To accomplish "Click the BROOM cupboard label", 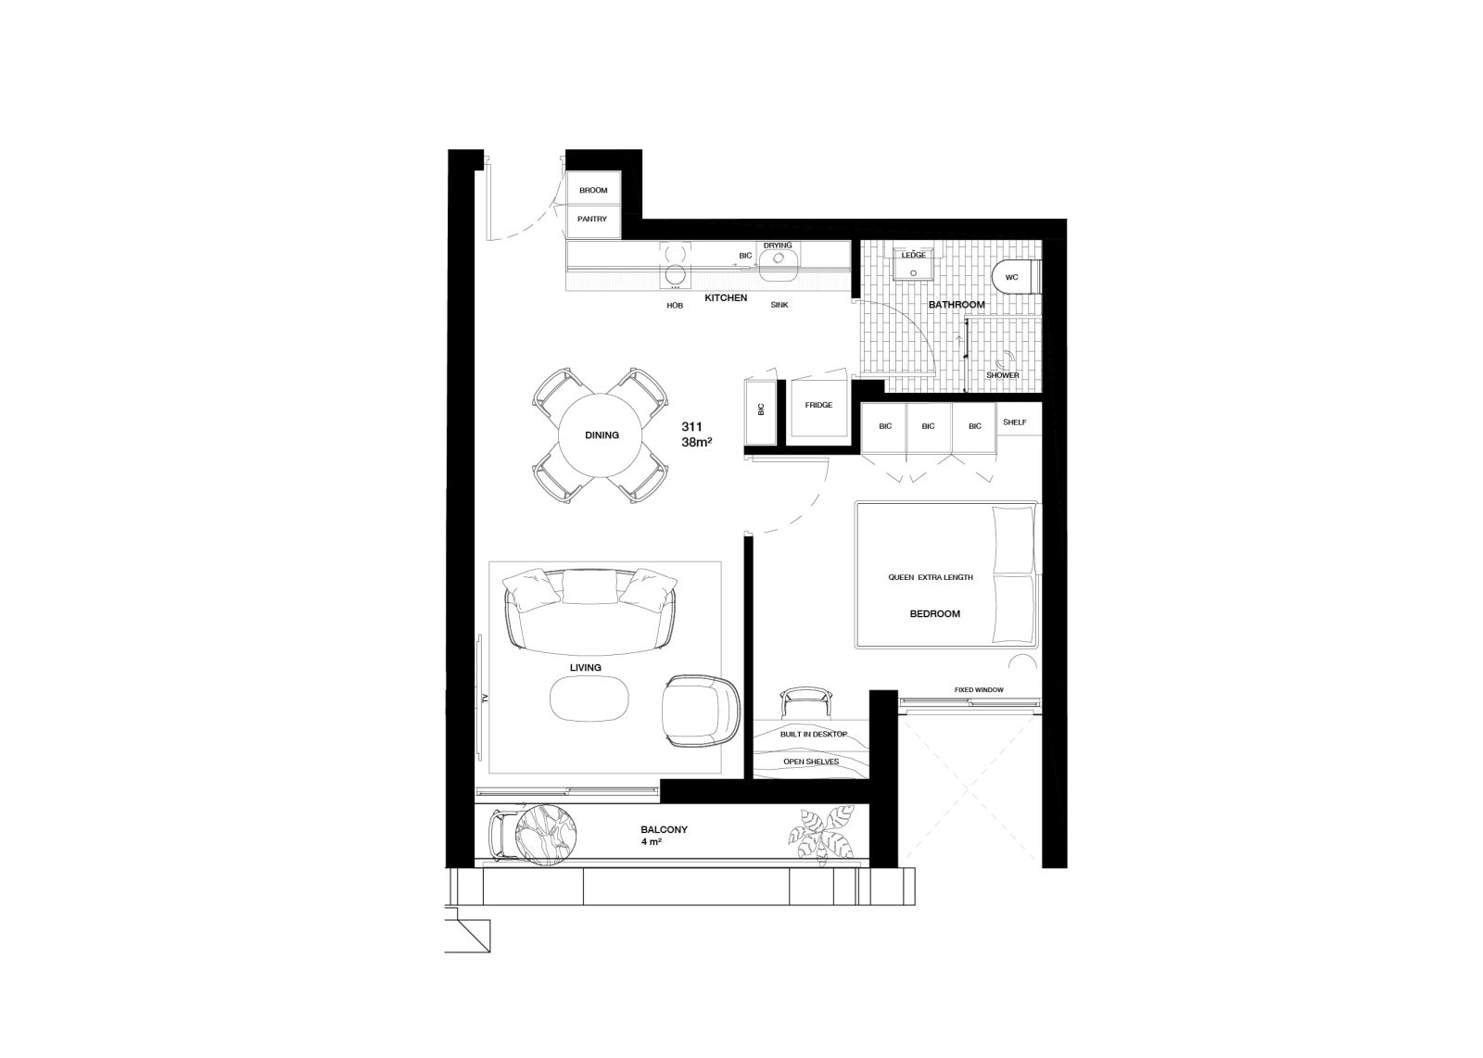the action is (x=593, y=191).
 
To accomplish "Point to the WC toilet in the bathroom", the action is (x=1016, y=277).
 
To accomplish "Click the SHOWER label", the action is (x=1003, y=375).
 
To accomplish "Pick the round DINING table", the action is (x=602, y=435).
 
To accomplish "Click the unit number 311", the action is (x=691, y=427).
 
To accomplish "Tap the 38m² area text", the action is (x=696, y=442).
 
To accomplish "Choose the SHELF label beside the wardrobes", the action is (x=1015, y=422).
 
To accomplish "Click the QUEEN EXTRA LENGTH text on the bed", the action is (x=931, y=577).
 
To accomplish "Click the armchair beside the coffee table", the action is (x=701, y=712).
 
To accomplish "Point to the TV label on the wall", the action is (x=485, y=698).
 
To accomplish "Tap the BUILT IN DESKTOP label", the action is (x=814, y=735).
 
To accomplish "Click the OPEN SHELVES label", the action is (x=811, y=762).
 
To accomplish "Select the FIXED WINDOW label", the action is (x=979, y=690).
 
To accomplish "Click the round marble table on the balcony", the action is (x=546, y=835).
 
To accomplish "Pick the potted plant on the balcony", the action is (x=821, y=835).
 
